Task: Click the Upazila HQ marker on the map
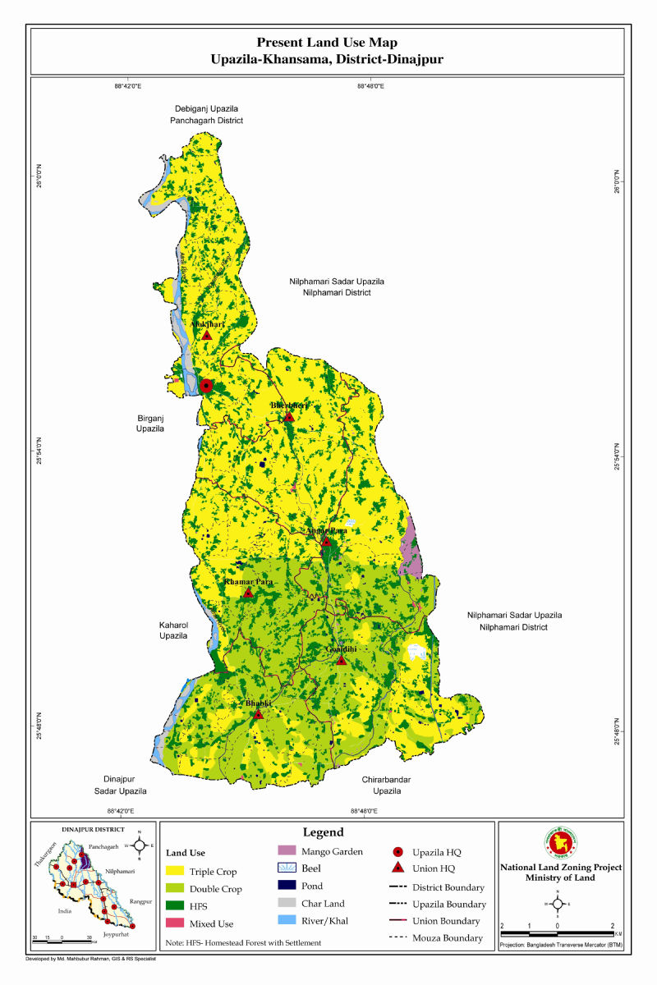point(207,386)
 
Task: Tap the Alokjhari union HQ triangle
point(207,335)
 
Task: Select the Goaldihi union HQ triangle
point(342,660)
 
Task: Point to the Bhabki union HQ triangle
point(258,715)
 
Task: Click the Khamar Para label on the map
point(248,582)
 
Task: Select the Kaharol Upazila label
point(173,630)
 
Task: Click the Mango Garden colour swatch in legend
point(287,852)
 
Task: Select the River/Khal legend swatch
point(287,921)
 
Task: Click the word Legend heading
point(324,832)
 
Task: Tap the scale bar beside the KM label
point(558,933)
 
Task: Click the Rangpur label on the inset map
point(140,901)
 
